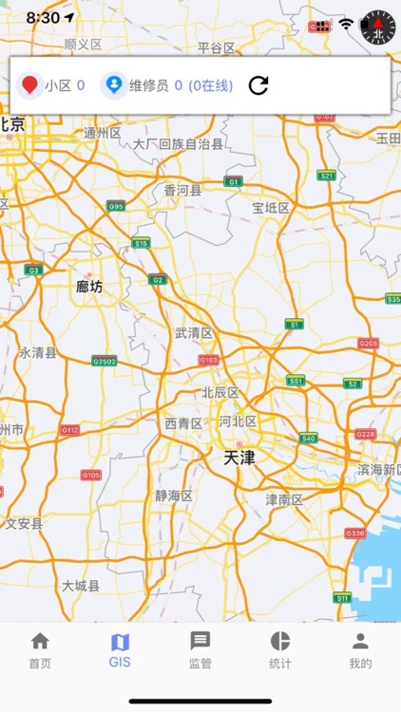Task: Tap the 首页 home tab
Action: coord(40,650)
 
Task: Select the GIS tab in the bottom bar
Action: coord(120,650)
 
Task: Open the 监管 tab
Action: coord(200,650)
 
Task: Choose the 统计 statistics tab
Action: coord(280,650)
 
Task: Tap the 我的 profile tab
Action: coord(360,650)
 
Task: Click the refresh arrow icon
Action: coord(258,85)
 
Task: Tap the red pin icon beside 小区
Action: coord(30,85)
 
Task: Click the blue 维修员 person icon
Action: coord(114,85)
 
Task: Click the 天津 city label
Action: coord(239,458)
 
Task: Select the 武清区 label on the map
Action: coord(194,333)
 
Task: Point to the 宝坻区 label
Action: coord(271,207)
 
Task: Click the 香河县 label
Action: coord(183,190)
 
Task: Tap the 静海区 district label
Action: coord(174,496)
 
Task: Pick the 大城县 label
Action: coord(81,586)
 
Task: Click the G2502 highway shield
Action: coord(105,361)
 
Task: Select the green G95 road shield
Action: coord(116,206)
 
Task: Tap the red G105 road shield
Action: coord(90,475)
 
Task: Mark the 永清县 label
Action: coord(38,352)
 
